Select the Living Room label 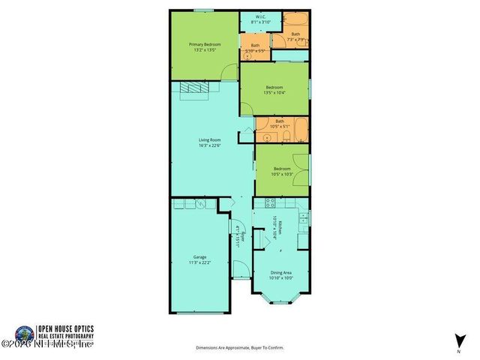[x=209, y=140]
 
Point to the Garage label [x=199, y=256]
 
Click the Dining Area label [x=280, y=272]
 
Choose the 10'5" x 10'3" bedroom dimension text [x=281, y=174]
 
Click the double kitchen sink [x=304, y=217]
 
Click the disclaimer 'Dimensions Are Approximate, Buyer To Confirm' [x=240, y=348]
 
